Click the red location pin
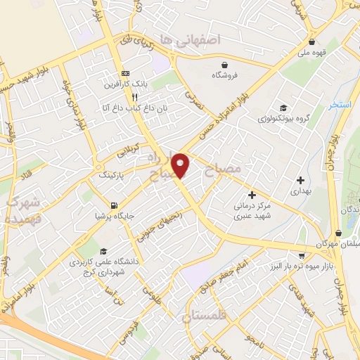[x=181, y=165]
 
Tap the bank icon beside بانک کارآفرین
[x=126, y=74]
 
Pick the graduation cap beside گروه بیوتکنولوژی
[x=283, y=108]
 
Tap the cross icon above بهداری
[x=301, y=180]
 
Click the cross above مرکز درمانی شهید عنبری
[x=252, y=195]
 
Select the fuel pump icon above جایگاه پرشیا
[x=113, y=206]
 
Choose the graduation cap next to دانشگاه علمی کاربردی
[x=103, y=251]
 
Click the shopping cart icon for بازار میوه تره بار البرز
[x=302, y=256]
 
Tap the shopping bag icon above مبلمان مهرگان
[x=340, y=232]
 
